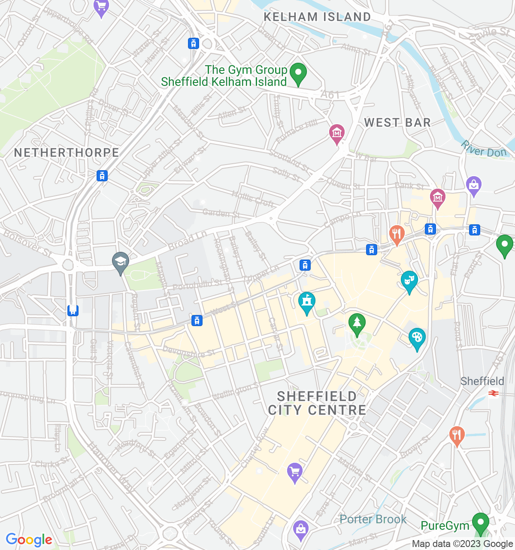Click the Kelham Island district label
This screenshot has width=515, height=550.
click(317, 17)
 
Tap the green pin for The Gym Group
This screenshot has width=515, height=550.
click(298, 73)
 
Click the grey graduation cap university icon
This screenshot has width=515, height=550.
click(121, 262)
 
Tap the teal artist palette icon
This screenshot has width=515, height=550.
click(417, 338)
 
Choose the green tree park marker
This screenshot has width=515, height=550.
click(357, 324)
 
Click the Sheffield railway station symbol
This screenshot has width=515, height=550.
click(494, 393)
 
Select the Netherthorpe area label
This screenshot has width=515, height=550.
click(67, 153)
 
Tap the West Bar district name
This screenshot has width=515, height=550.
click(397, 123)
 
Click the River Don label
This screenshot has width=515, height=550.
click(484, 149)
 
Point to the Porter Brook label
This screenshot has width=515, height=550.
click(373, 519)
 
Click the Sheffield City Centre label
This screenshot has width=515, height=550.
click(317, 403)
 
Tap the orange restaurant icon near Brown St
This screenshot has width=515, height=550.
click(457, 436)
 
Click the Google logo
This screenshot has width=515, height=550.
click(29, 540)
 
